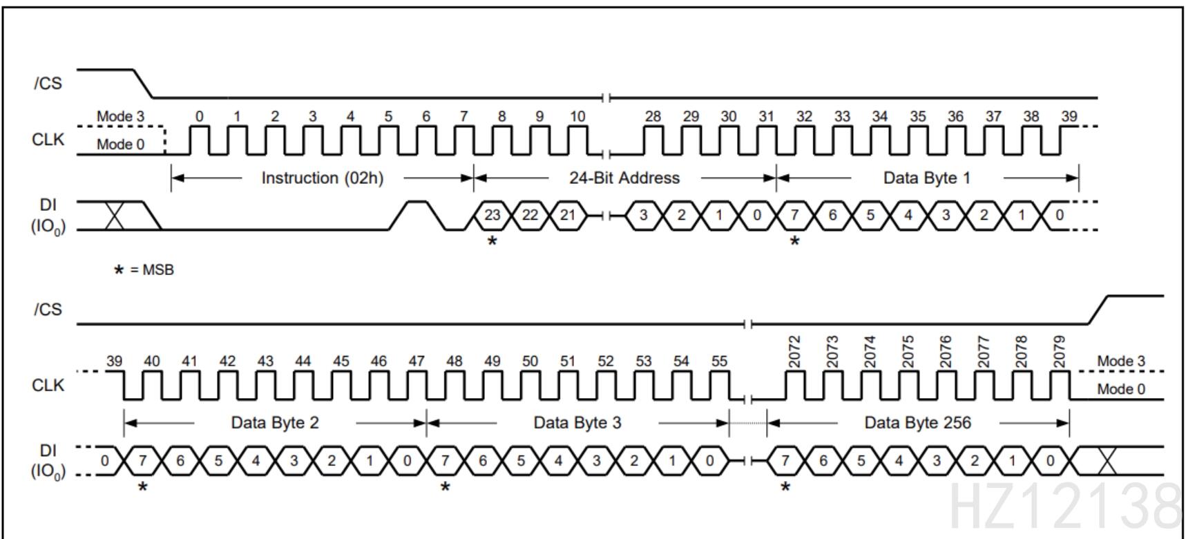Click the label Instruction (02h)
[x=322, y=178]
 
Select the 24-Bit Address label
[x=624, y=178]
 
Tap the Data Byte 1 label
[x=926, y=178]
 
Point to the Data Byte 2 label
[x=275, y=422]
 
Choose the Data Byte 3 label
[x=577, y=422]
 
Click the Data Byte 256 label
[x=917, y=422]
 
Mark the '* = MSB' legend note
[x=144, y=269]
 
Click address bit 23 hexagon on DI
[x=492, y=215]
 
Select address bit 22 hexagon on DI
[x=530, y=215]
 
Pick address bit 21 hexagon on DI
[x=567, y=215]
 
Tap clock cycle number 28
[x=653, y=116]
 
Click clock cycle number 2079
[x=1060, y=351]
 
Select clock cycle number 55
[x=719, y=361]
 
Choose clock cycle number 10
[x=577, y=116]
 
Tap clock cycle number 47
[x=417, y=361]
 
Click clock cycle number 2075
[x=908, y=351]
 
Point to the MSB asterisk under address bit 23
[x=492, y=241]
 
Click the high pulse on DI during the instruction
[x=417, y=207]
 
